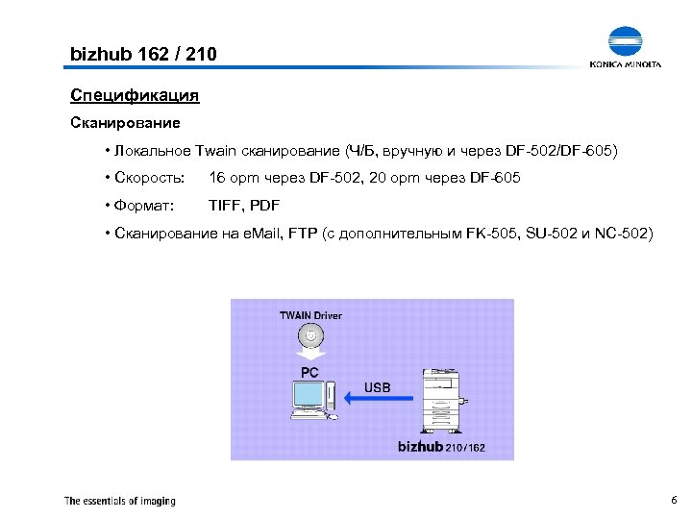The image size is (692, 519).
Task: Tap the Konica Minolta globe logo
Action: tap(626, 42)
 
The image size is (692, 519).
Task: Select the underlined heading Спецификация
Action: tap(135, 96)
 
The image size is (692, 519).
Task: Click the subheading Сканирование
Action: tap(125, 124)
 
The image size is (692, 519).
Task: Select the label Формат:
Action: tap(144, 206)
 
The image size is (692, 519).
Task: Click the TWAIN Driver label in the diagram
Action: tap(310, 315)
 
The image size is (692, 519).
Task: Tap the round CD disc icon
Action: tap(310, 336)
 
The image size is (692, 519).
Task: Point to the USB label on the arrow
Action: tap(378, 387)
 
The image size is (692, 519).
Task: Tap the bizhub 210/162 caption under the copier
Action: tap(441, 447)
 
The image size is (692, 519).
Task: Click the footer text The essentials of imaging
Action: tap(120, 501)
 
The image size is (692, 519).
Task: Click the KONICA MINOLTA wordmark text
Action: tap(626, 65)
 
